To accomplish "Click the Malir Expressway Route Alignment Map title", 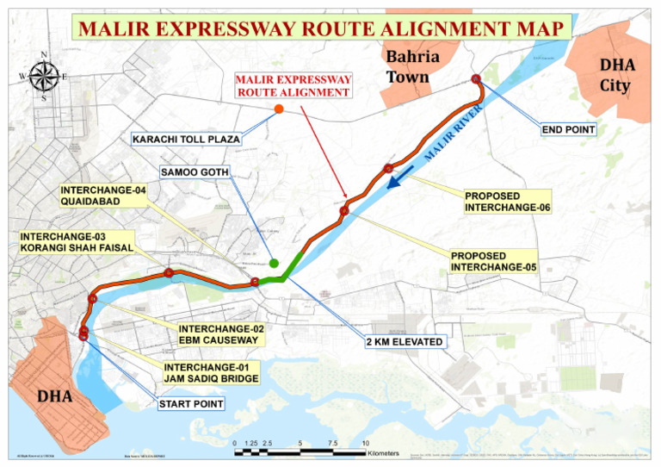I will pos(321,28).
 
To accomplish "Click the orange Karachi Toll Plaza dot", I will pos(279,109).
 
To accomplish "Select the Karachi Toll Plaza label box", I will pos(186,138).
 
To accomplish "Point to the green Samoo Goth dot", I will pos(274,263).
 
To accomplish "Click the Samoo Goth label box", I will pos(195,173).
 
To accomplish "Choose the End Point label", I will pos(568,129).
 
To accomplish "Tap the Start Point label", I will pos(190,403).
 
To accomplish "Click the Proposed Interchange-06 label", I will pos(507,202).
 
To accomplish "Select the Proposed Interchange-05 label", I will pos(494,262).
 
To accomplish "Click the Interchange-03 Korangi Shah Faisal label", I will pos(77,242).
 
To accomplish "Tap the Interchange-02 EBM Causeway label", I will pos(220,334).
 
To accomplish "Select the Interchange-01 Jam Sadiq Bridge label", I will pos(211,373).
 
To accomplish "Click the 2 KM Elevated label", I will pos(405,342).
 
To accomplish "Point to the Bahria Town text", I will pos(413,66).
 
